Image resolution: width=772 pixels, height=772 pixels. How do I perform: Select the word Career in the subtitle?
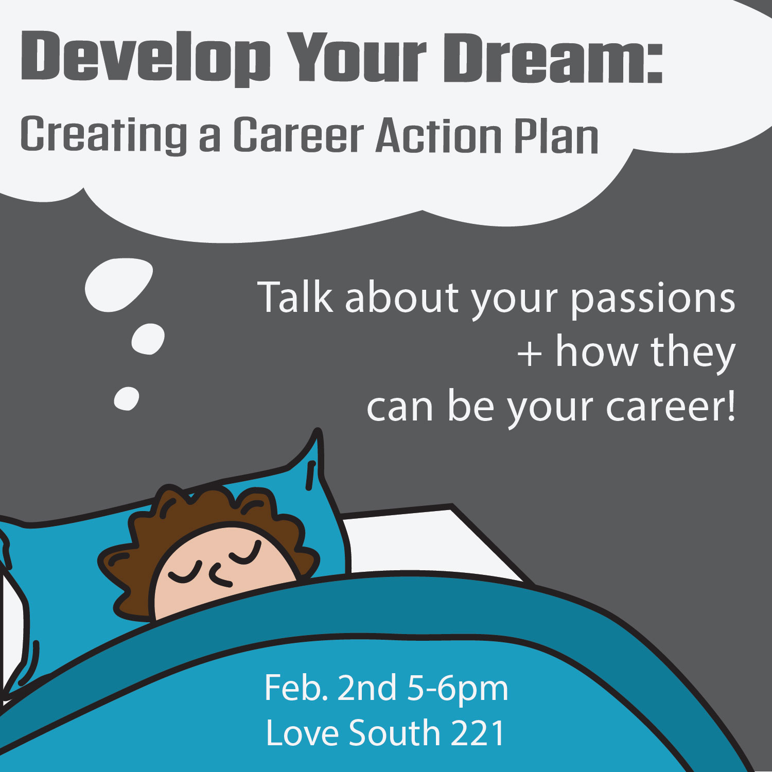pos(299,135)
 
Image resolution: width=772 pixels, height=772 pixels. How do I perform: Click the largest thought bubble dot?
pos(119,284)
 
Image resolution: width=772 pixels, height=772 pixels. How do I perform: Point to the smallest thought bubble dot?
pos(126,398)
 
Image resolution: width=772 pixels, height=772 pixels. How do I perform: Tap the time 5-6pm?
pos(458,689)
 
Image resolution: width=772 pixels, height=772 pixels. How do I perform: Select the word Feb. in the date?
pos(296,688)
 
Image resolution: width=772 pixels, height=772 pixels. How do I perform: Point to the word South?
pos(394,733)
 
